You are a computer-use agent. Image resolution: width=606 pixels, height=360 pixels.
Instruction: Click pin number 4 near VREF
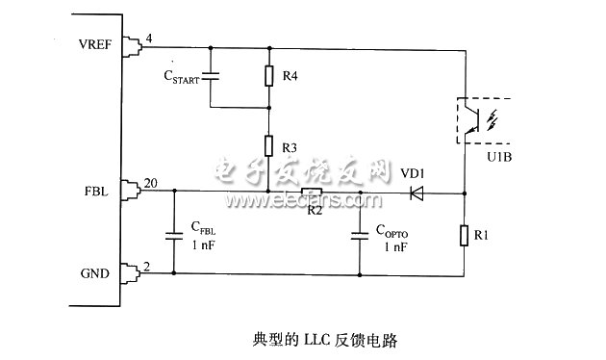147,39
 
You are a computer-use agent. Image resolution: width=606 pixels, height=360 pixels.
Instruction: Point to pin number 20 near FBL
150,183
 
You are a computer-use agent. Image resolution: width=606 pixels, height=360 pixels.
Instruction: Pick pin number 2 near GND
147,265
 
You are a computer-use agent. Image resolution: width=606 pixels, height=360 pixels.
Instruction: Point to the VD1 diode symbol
417,193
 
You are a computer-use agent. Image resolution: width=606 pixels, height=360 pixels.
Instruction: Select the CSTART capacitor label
181,76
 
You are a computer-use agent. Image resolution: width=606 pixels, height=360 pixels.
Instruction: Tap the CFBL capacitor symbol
174,233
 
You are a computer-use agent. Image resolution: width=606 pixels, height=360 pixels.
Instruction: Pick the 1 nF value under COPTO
394,247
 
